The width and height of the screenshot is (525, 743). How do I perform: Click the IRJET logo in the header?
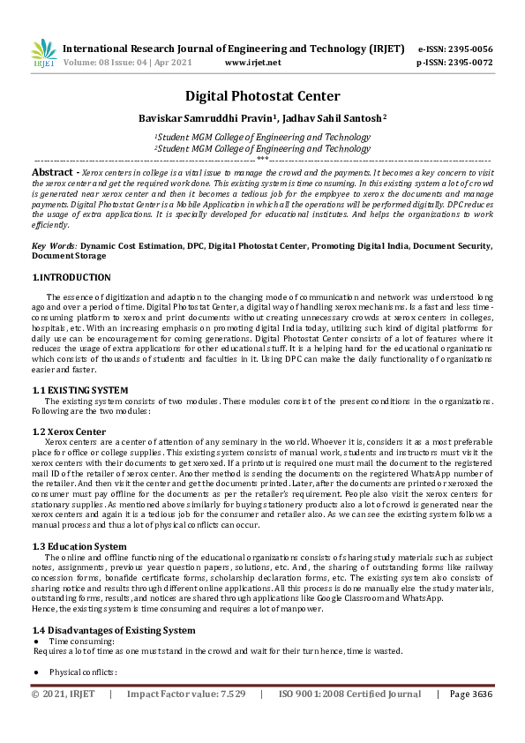coord(43,54)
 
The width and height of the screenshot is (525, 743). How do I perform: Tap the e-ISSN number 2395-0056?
coord(468,49)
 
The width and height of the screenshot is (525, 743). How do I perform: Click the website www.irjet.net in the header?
coord(253,64)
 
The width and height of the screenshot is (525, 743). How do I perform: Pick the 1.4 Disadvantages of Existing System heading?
coord(114,630)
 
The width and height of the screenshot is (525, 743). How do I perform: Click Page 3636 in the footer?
coord(471,694)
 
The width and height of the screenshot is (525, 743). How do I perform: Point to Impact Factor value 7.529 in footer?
coord(185,694)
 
